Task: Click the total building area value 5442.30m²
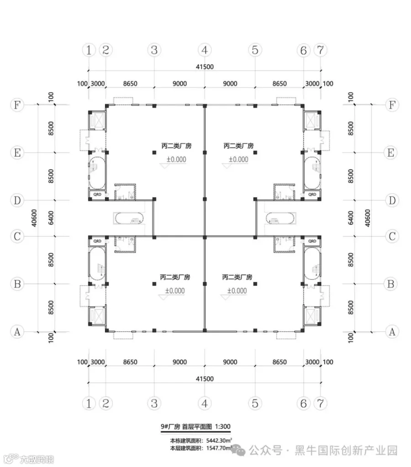219,441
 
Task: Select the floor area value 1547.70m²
219,449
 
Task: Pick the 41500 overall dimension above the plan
205,66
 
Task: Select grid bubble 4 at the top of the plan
205,50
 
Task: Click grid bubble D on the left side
17,200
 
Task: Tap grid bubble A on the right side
391,332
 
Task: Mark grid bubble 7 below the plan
320,403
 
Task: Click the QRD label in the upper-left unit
97,194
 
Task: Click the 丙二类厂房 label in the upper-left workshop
175,146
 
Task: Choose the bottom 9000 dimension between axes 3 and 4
179,362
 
